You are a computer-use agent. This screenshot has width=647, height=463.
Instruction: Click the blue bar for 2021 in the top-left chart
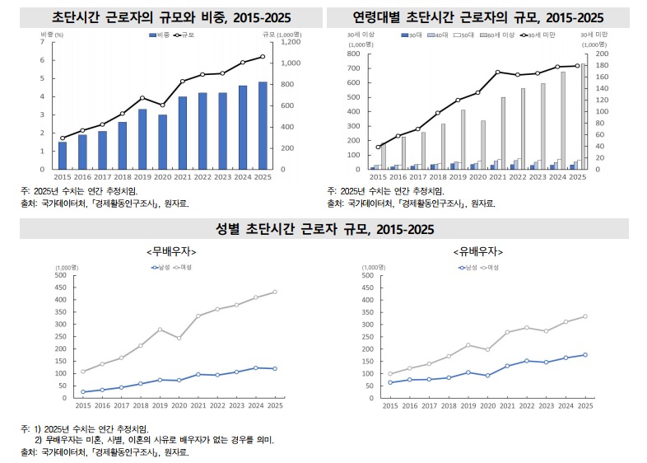[183, 133]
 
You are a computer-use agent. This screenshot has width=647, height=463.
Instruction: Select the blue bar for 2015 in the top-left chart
[63, 156]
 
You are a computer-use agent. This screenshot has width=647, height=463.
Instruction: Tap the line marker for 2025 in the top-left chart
[263, 57]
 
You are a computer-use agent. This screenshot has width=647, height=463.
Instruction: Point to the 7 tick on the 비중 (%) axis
[42, 41]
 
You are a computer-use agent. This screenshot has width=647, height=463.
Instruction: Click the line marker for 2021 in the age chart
[498, 72]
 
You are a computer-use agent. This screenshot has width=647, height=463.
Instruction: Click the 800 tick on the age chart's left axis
[353, 54]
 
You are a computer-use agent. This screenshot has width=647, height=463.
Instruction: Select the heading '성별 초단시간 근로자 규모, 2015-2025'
[323, 228]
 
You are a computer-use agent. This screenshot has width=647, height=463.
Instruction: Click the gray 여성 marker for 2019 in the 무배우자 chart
[161, 330]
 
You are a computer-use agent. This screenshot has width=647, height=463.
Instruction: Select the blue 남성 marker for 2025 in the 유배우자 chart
[585, 355]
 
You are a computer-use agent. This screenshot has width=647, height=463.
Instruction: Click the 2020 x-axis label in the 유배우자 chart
[488, 406]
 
